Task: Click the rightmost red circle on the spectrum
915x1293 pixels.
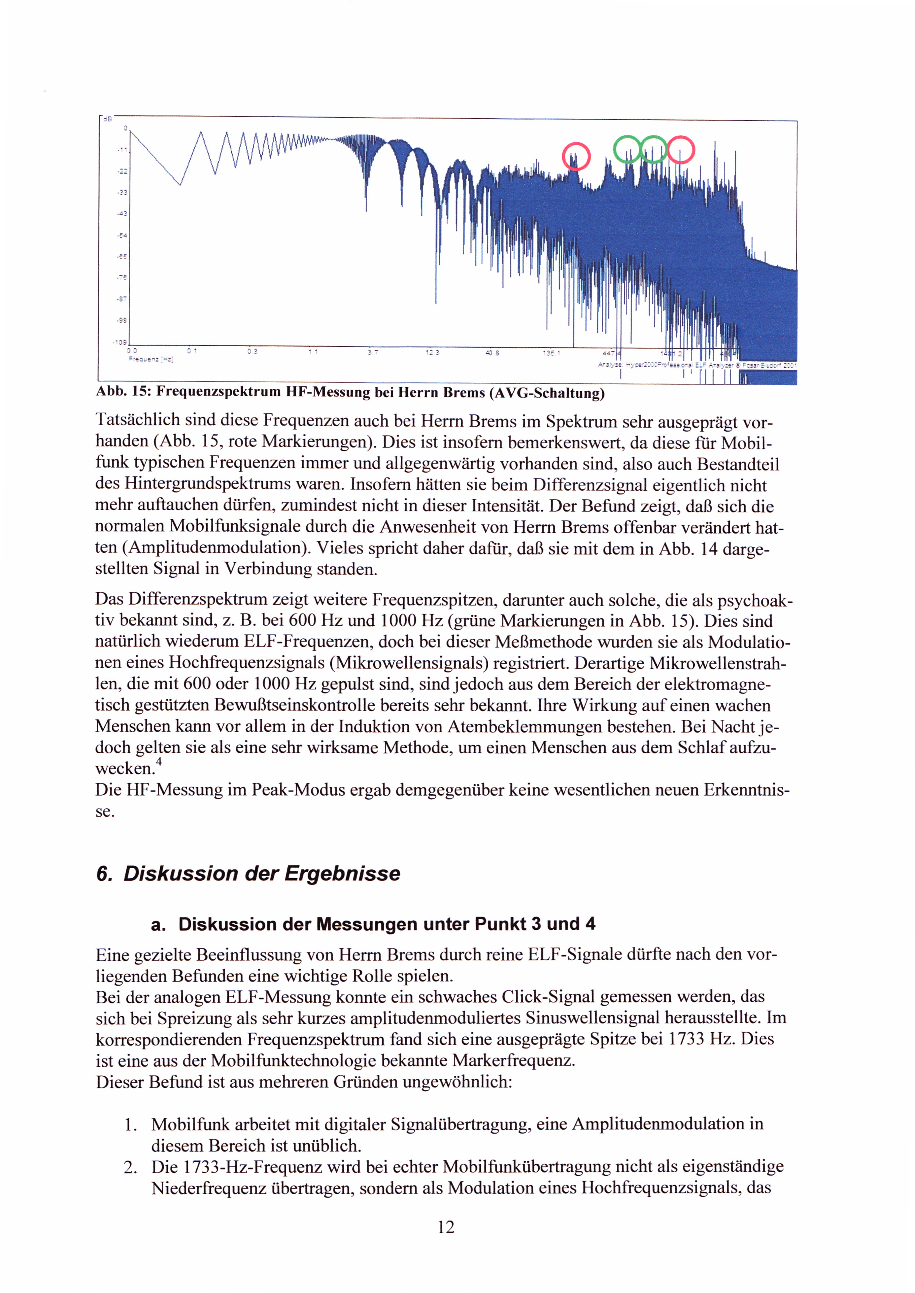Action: (x=681, y=150)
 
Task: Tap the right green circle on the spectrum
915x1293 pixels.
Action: (x=653, y=149)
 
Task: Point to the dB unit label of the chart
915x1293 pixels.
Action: (x=107, y=119)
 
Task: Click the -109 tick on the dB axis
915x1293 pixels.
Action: (x=120, y=342)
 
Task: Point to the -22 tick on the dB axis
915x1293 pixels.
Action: (x=122, y=171)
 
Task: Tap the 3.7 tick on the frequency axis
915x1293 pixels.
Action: (x=373, y=352)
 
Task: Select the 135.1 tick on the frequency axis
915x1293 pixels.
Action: (x=550, y=353)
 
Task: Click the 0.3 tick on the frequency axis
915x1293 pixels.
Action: (x=252, y=351)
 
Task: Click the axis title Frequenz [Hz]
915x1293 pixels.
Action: (x=151, y=359)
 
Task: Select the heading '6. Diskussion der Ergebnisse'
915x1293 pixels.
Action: (x=248, y=873)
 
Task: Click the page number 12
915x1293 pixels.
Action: (x=446, y=1227)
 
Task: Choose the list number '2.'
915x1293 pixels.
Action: (x=130, y=1167)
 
